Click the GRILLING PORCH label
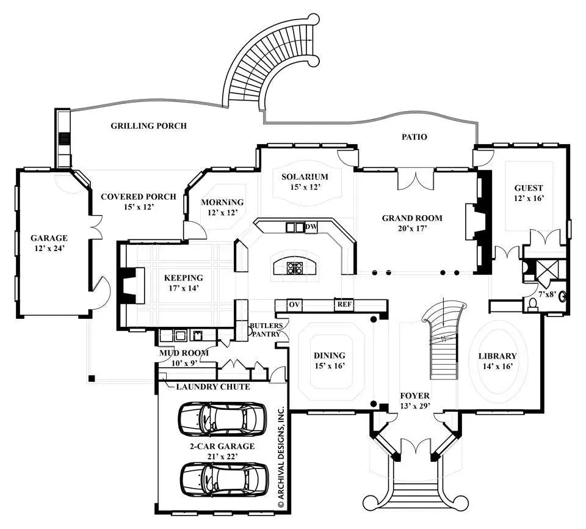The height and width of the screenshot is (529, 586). point(148,126)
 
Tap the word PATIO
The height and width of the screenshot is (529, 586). point(414,137)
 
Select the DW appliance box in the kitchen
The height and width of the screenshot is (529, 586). point(311,227)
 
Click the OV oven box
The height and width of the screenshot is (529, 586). point(294,304)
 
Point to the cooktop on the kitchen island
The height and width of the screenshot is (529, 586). point(295,267)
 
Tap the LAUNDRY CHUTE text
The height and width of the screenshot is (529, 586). point(212,387)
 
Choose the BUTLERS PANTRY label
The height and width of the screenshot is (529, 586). point(266,330)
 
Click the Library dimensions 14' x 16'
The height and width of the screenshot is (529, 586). point(497,367)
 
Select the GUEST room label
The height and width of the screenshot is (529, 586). point(528,188)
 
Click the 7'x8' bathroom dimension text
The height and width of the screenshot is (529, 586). point(546,294)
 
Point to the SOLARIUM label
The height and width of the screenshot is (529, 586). point(301,177)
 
